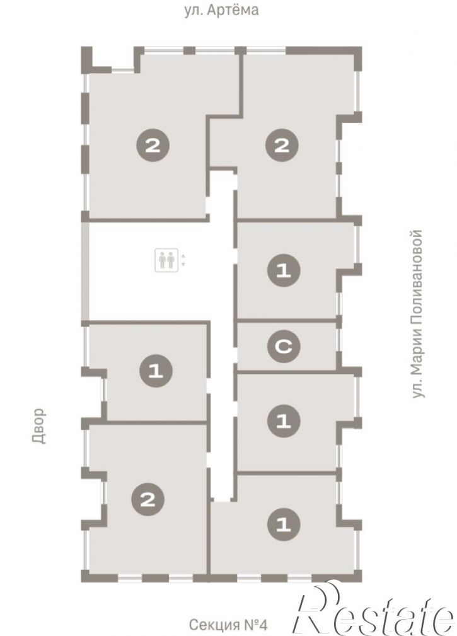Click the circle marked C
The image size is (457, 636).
[x=284, y=346]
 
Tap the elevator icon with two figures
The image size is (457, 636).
[x=166, y=260]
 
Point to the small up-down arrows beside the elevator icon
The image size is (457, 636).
[x=183, y=260]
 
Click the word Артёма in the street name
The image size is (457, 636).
[x=233, y=9]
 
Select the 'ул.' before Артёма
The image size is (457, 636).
[x=193, y=10]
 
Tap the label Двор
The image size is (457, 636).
[x=38, y=425]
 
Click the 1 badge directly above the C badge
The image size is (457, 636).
[x=284, y=270]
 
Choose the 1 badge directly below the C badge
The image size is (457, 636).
[x=284, y=422]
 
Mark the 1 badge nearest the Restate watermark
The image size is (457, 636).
[x=284, y=524]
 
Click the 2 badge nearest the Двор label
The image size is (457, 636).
[x=148, y=499]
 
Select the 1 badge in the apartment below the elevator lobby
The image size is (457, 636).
[x=156, y=371]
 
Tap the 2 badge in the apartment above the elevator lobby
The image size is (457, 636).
[x=153, y=145]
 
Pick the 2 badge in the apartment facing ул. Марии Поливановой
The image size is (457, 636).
[x=282, y=145]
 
